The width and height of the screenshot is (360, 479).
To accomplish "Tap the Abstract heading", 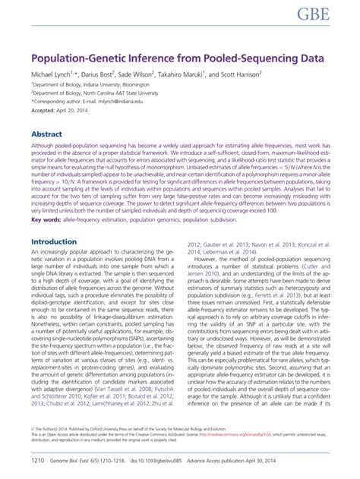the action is [x=46, y=132].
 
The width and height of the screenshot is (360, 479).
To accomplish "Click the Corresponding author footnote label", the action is [x=57, y=99].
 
